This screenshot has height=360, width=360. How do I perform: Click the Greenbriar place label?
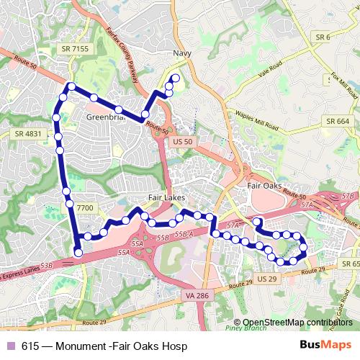coord(106,117)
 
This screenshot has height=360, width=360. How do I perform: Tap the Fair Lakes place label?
coord(166,198)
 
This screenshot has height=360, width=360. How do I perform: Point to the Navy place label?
coord(181,53)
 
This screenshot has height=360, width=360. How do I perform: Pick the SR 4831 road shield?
coord(28,133)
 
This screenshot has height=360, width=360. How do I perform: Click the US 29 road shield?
coord(266,277)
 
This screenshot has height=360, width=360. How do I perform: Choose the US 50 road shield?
coord(183,143)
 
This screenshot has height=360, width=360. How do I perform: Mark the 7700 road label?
coord(85,207)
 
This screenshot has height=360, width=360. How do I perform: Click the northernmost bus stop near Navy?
coord(176,77)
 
